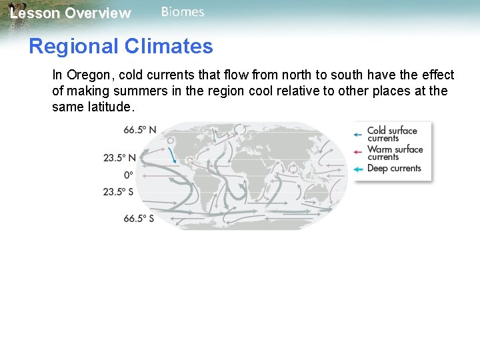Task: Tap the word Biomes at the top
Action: (x=183, y=12)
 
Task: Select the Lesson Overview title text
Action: (x=70, y=13)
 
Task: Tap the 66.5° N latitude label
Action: (x=139, y=130)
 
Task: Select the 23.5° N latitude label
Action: (x=119, y=158)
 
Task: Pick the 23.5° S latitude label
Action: (x=118, y=192)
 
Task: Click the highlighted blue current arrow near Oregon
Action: (x=173, y=155)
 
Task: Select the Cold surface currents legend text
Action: (x=392, y=134)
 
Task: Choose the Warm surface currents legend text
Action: (x=395, y=153)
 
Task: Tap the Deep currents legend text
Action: (x=394, y=169)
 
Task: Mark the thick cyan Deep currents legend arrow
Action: (x=358, y=169)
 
